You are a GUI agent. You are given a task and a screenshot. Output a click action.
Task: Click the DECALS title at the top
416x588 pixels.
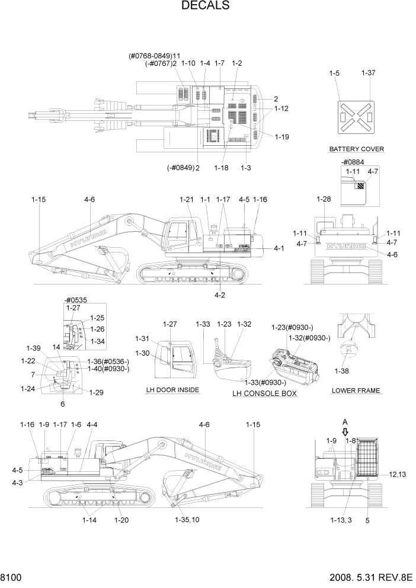coord(205,6)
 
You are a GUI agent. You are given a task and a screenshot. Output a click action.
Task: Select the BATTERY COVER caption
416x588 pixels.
coord(356,149)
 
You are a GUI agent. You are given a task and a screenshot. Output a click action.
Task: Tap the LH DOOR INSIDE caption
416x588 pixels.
coord(172,390)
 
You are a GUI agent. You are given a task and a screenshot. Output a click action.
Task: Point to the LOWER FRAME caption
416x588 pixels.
coord(356,391)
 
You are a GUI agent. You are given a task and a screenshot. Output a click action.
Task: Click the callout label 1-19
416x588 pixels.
coord(282,136)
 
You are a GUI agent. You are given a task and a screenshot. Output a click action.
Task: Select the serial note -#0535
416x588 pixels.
coord(75,300)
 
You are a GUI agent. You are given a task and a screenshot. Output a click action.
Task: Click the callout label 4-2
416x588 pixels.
coord(219,295)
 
